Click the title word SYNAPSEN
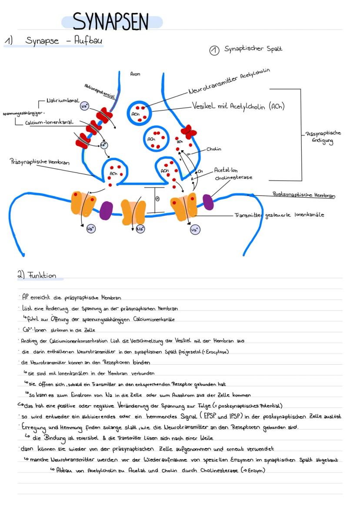(x=111, y=21)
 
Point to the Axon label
(x=135, y=74)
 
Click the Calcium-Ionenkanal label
(x=49, y=123)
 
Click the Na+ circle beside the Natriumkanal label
(x=84, y=106)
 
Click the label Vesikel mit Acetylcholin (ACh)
(x=238, y=106)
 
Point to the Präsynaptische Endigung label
(x=323, y=137)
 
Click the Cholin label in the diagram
(x=213, y=149)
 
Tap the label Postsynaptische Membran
(x=303, y=195)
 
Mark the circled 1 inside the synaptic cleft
(x=157, y=199)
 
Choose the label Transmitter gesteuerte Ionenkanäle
(x=279, y=215)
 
